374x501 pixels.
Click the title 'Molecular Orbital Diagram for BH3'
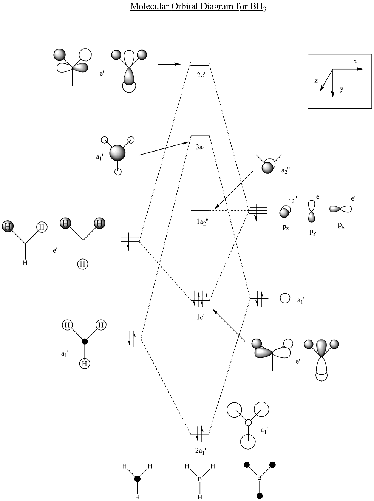tap(199, 7)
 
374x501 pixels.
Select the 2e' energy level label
tap(200, 74)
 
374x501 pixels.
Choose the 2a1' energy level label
tap(201, 450)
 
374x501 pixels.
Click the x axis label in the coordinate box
tap(355, 61)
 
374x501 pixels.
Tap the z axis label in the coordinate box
tap(316, 80)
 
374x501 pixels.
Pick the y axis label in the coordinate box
tap(341, 89)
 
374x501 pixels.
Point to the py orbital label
tap(313, 232)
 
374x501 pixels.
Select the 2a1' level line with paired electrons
tap(200, 434)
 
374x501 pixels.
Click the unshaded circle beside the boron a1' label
tap(285, 298)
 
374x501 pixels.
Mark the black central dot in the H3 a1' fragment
tap(85, 341)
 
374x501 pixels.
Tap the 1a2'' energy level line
tap(201, 210)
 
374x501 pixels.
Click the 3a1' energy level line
tap(200, 136)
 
